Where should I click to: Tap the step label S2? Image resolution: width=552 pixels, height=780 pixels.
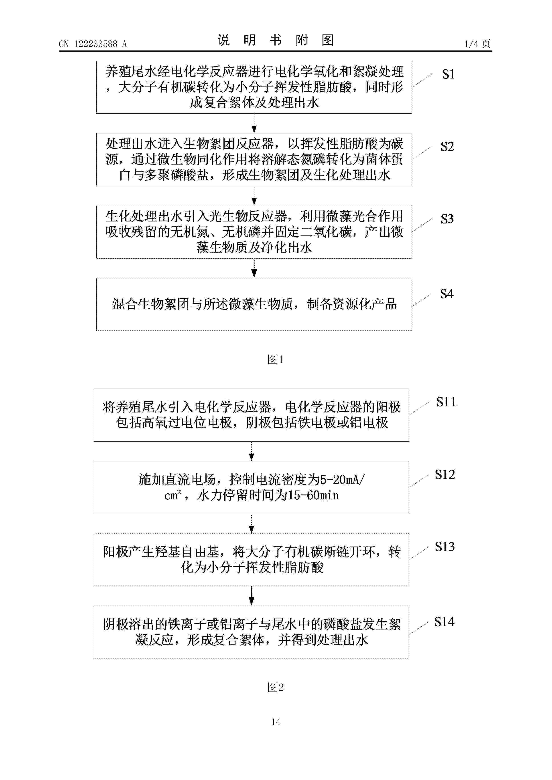pyautogui.click(x=447, y=147)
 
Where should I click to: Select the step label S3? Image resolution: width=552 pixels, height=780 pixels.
pyautogui.click(x=447, y=219)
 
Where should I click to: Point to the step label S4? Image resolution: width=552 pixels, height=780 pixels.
pyautogui.click(x=446, y=294)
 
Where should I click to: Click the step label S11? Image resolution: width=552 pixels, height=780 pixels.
pyautogui.click(x=446, y=402)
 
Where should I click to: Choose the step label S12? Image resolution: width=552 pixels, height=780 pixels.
pyautogui.click(x=445, y=474)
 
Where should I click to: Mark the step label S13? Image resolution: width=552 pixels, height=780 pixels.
pyautogui.click(x=445, y=547)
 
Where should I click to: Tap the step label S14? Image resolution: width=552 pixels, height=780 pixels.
pyautogui.click(x=444, y=622)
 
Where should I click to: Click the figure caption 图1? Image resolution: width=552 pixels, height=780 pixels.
pyautogui.click(x=276, y=359)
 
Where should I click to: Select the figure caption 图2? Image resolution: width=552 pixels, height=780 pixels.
pyautogui.click(x=276, y=687)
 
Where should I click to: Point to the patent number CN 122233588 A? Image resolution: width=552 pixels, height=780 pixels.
pyautogui.click(x=93, y=44)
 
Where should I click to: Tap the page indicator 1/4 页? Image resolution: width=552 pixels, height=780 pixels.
pyautogui.click(x=477, y=44)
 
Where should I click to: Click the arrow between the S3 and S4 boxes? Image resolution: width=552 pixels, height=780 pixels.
pyautogui.click(x=254, y=268)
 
